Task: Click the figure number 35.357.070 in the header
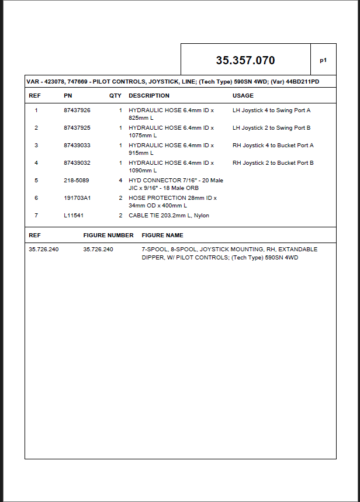(245, 60)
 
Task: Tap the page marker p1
(323, 60)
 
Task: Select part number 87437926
(77, 110)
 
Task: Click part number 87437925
(77, 127)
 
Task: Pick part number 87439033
(77, 145)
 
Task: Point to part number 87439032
(77, 162)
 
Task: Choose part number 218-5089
(77, 181)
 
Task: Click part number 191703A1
(77, 198)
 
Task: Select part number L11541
(74, 216)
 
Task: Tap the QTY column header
(115, 95)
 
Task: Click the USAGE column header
(243, 95)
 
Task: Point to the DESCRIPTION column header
(149, 95)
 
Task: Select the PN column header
(68, 95)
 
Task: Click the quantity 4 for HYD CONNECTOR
(120, 181)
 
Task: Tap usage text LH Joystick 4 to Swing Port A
(271, 110)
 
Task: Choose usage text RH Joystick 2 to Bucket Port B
(273, 162)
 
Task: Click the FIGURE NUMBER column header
(109, 235)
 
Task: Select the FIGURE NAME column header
(162, 235)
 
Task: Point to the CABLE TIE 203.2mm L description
(168, 216)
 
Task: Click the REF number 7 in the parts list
(36, 216)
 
